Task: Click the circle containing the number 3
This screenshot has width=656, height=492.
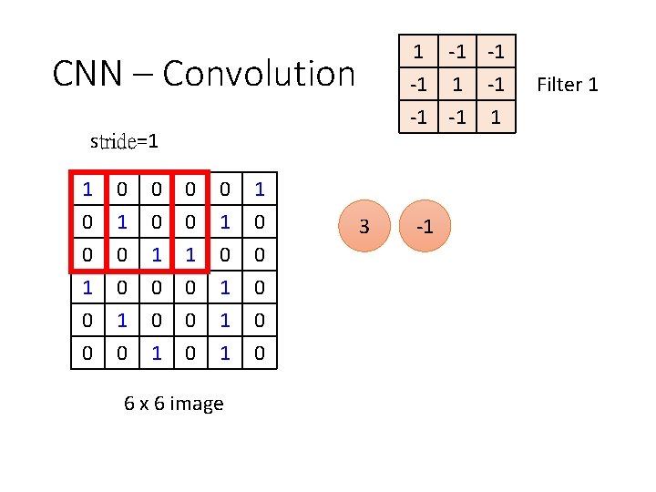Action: [364, 226]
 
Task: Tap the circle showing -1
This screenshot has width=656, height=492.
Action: [425, 226]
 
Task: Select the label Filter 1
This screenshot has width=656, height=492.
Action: [567, 85]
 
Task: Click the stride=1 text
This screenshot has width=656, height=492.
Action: [125, 141]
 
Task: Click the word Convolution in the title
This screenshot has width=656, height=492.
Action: [259, 73]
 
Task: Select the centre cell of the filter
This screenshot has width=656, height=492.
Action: [459, 85]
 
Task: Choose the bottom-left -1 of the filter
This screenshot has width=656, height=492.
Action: [418, 117]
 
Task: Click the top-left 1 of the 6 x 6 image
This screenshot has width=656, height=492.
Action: [87, 190]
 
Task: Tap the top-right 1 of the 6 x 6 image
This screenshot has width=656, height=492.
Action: [260, 190]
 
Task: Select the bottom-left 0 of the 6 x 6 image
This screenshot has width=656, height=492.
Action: [87, 353]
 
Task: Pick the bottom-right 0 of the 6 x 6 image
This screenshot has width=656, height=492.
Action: [260, 353]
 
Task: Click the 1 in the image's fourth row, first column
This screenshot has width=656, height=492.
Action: [87, 288]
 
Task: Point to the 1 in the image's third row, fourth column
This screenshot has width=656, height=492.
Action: [190, 255]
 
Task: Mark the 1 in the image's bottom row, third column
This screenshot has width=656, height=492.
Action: [157, 353]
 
